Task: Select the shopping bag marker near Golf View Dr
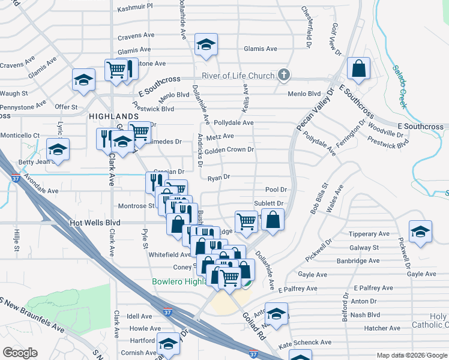(x=358, y=70)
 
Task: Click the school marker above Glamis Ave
(x=206, y=45)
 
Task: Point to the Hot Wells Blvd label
(x=95, y=223)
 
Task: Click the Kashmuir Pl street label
(x=135, y=6)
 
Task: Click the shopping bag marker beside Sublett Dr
(x=273, y=220)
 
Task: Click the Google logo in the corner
(x=20, y=353)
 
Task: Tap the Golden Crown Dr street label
(x=229, y=149)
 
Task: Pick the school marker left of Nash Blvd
(x=277, y=315)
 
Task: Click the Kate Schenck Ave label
(x=305, y=342)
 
